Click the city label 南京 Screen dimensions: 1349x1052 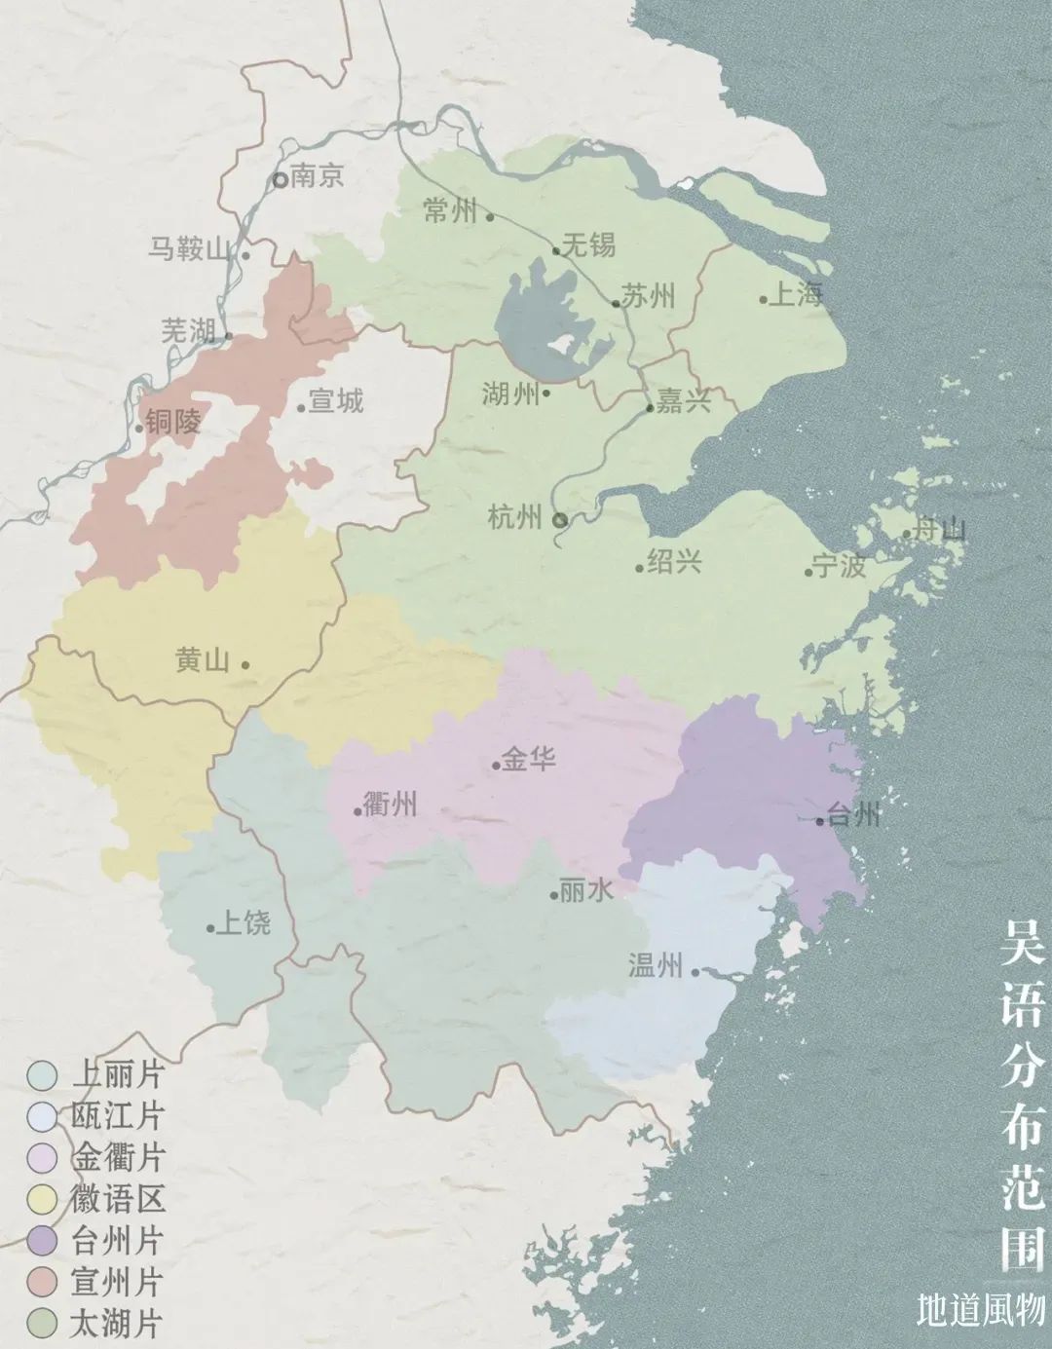pyautogui.click(x=318, y=176)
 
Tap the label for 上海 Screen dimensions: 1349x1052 pyautogui.click(x=797, y=295)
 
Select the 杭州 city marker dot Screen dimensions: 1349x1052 pyautogui.click(x=560, y=520)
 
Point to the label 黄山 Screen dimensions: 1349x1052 pyautogui.click(x=203, y=661)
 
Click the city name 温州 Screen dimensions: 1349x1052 pyautogui.click(x=656, y=965)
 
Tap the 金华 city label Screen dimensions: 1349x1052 pyautogui.click(x=529, y=759)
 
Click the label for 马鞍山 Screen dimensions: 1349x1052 pyautogui.click(x=190, y=248)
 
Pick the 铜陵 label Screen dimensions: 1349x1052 pyautogui.click(x=174, y=422)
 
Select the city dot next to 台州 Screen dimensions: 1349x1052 pyautogui.click(x=820, y=821)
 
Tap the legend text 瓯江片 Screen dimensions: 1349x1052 pyautogui.click(x=117, y=1116)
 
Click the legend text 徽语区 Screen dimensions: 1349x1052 pyautogui.click(x=117, y=1199)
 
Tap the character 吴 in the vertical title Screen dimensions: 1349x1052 pyautogui.click(x=1024, y=943)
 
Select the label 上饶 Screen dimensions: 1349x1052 pyautogui.click(x=243, y=922)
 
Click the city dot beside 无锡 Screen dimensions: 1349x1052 pyautogui.click(x=556, y=250)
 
